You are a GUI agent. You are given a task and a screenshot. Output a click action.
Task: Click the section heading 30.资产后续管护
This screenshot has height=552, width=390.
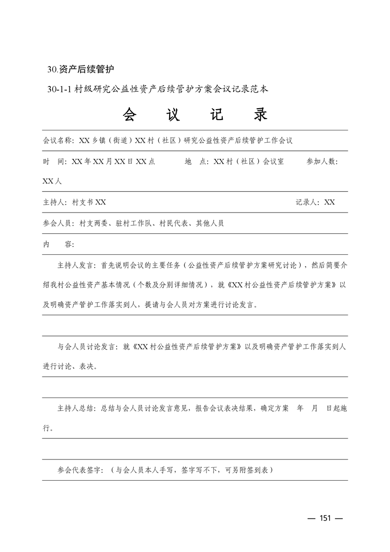pos(80,69)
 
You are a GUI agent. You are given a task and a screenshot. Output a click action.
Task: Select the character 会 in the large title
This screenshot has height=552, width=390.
pos(131,114)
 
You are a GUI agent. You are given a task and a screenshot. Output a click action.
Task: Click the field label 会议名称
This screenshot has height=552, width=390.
pos(58,140)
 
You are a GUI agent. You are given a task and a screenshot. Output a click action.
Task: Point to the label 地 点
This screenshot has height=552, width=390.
pos(197,161)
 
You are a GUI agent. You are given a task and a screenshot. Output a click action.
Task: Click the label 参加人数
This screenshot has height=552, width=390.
pos(322,161)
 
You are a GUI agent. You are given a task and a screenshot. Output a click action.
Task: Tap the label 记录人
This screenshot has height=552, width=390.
pos(307,202)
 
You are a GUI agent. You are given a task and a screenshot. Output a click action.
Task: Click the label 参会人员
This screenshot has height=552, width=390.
pos(58,223)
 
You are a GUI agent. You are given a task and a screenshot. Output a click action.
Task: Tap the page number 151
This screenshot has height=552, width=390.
pos(325,518)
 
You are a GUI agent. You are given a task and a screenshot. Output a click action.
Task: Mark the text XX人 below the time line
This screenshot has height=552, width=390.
pos(52,181)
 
